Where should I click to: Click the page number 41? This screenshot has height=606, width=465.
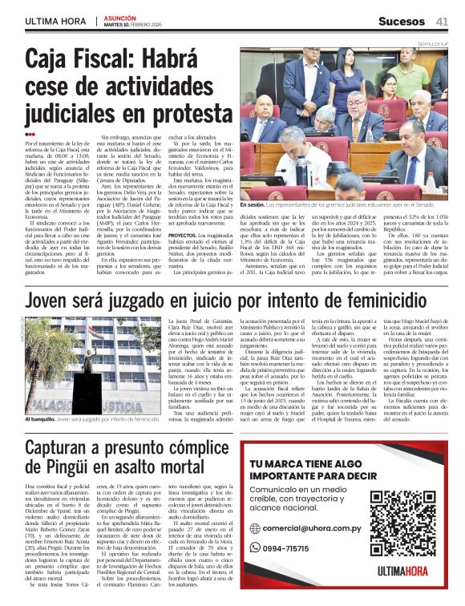(x=442, y=20)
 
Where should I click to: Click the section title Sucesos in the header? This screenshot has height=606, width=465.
(x=401, y=20)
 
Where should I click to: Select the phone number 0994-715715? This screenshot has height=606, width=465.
(x=286, y=548)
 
